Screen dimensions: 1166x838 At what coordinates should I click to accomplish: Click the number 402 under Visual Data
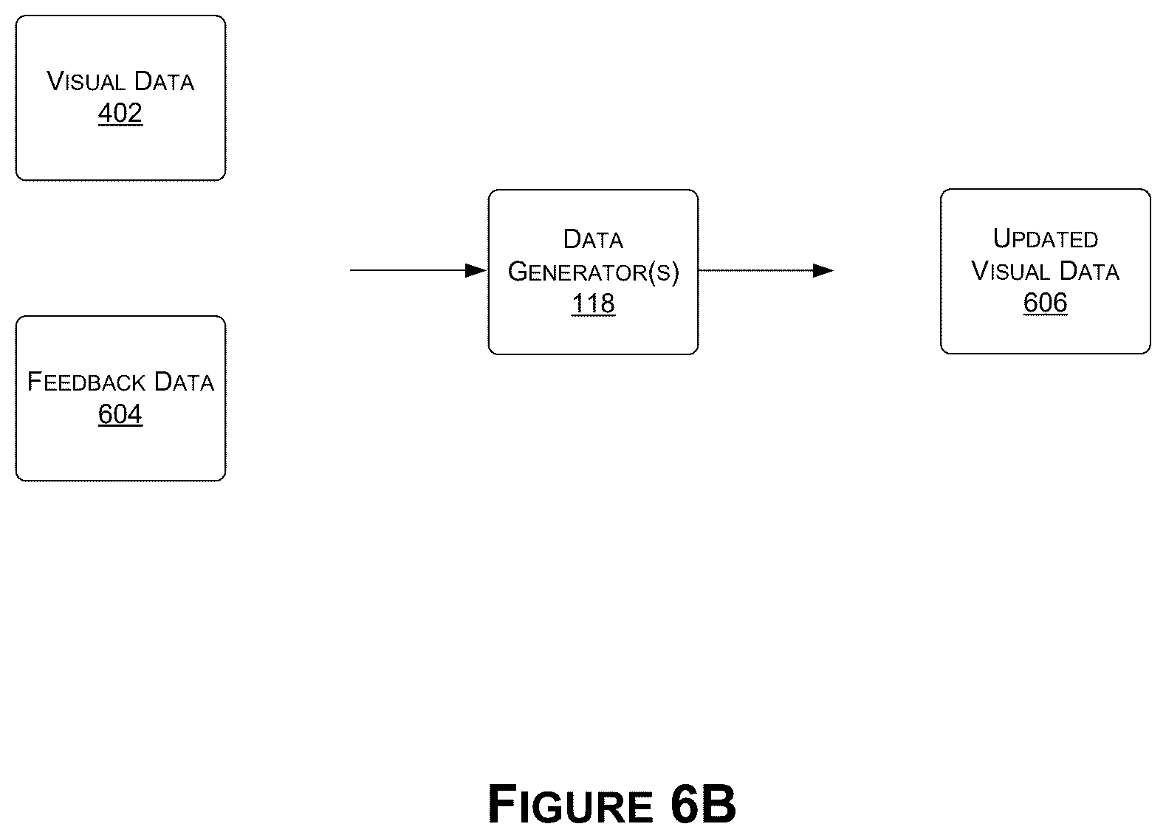click(120, 113)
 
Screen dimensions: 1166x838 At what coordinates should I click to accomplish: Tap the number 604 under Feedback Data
click(120, 414)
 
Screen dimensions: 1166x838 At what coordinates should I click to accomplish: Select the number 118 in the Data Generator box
click(594, 303)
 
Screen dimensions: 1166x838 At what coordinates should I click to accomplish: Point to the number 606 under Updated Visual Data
click(1045, 303)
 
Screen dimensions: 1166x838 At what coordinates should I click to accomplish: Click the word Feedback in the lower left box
click(86, 382)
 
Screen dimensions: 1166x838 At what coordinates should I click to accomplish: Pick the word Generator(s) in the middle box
click(594, 272)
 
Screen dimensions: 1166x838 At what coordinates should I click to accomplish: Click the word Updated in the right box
click(1045, 239)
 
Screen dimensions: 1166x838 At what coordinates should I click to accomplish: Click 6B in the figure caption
click(704, 804)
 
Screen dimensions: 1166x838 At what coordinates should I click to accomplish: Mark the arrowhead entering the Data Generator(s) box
click(476, 271)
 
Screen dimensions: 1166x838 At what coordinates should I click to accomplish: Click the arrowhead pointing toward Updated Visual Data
click(823, 271)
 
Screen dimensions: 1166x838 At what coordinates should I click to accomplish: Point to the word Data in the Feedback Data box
click(185, 382)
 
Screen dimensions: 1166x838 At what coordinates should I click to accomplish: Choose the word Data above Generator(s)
click(594, 239)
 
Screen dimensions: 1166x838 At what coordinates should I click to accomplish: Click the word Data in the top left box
click(164, 81)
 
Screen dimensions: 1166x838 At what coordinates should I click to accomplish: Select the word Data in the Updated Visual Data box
click(1089, 271)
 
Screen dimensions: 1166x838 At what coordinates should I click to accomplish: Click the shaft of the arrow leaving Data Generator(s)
click(756, 271)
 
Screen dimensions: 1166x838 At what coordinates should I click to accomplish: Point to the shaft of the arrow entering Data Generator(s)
click(408, 271)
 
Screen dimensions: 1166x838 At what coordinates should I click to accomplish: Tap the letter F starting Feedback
click(35, 382)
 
